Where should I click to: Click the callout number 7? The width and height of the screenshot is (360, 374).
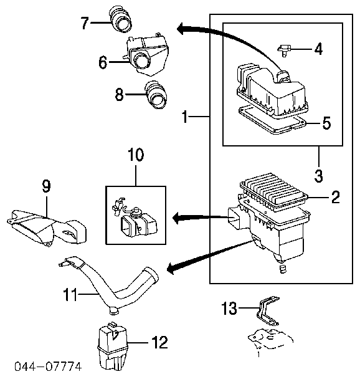tap(85, 23)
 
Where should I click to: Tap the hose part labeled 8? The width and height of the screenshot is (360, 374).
tap(156, 95)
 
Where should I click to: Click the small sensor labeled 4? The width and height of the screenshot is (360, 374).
tap(285, 50)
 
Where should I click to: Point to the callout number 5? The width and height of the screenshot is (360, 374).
tap(326, 123)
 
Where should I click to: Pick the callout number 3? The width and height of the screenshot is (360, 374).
tap(318, 176)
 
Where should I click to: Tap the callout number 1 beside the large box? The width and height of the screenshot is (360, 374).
tap(184, 117)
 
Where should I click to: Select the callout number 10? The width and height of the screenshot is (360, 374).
tap(136, 155)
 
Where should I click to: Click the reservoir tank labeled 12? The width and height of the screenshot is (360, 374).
tap(112, 346)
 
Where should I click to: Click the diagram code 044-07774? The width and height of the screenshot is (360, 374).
tap(48, 367)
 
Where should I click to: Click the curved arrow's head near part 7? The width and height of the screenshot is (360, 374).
tap(181, 29)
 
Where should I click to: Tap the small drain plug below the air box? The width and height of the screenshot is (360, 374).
tap(282, 269)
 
